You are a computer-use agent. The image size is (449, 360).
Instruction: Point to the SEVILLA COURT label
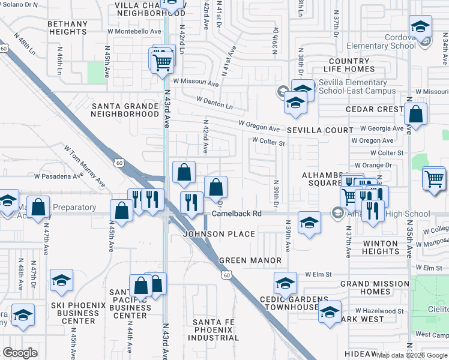[320, 130]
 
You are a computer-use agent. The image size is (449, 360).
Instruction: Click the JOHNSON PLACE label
[219, 233]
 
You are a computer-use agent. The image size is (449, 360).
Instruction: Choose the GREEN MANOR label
[250, 260]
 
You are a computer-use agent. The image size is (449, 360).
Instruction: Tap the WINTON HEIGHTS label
[381, 247]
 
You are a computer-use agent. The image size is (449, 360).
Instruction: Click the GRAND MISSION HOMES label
[375, 287]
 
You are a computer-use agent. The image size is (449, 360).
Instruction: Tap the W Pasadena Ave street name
[58, 176]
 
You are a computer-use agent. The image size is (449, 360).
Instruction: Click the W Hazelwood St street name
[379, 311]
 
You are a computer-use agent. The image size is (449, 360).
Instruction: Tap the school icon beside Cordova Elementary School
[420, 27]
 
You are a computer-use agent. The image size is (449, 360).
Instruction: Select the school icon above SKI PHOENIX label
[61, 281]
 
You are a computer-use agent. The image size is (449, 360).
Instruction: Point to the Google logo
[20, 353]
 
